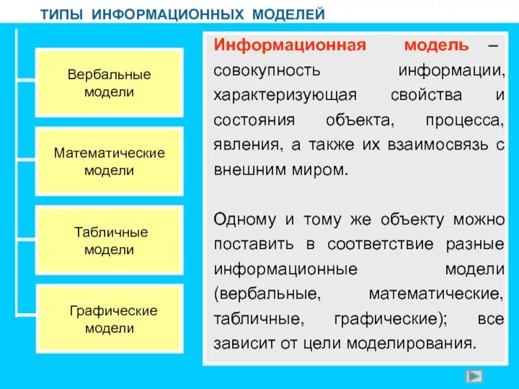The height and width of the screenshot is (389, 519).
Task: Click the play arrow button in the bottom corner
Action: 475,376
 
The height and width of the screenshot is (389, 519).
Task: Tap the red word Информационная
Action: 291,45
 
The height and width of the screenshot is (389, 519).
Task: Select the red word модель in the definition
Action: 436,45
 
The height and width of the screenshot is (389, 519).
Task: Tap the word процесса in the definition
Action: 465,120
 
